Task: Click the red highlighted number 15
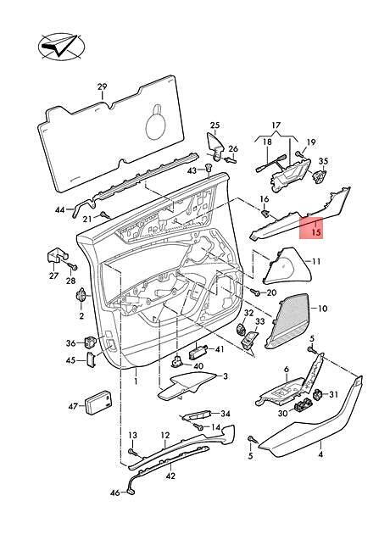(x=316, y=232)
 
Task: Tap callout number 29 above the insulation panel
(x=102, y=86)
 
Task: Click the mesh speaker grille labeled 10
(x=287, y=320)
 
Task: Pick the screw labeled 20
(x=254, y=292)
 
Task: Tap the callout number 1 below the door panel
(x=136, y=381)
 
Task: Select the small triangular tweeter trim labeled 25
(x=215, y=145)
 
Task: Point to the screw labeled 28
(x=73, y=268)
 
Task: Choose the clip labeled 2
(x=81, y=295)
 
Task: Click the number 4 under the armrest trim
(x=320, y=454)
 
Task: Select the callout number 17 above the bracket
(x=276, y=125)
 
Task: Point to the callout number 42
(x=170, y=476)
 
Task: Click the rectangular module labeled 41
(x=198, y=352)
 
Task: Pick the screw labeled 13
(x=132, y=452)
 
